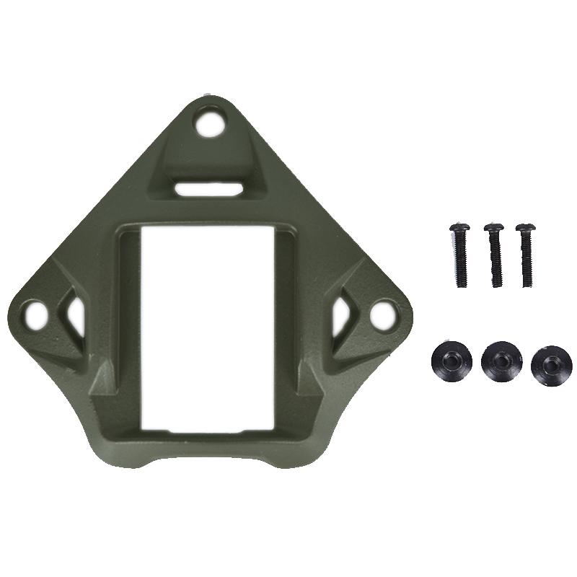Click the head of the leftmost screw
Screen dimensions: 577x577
point(459,228)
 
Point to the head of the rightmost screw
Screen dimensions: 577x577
point(525,228)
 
